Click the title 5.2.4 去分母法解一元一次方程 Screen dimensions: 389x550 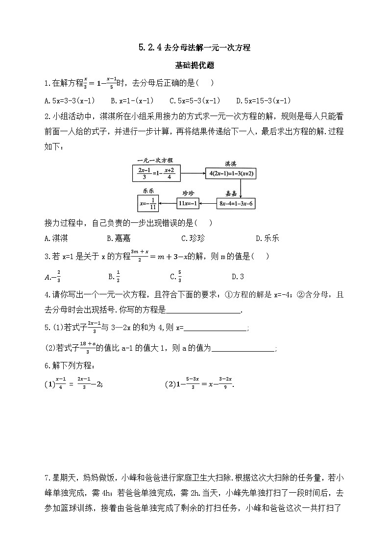pyautogui.click(x=194, y=48)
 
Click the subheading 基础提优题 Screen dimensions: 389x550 pyautogui.click(x=194, y=65)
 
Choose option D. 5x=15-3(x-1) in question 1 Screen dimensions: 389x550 pyautogui.click(x=263, y=101)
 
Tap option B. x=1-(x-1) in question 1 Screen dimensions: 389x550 pyautogui.click(x=132, y=101)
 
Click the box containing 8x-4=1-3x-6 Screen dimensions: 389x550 pyautogui.click(x=237, y=203)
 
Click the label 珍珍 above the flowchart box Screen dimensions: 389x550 pyautogui.click(x=189, y=193)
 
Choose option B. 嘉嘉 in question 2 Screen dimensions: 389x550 pyautogui.click(x=117, y=239)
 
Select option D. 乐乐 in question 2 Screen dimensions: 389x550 pyautogui.click(x=267, y=239)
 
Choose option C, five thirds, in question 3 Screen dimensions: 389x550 pyautogui.click(x=176, y=277)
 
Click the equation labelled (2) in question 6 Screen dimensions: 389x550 pyautogui.click(x=200, y=384)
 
